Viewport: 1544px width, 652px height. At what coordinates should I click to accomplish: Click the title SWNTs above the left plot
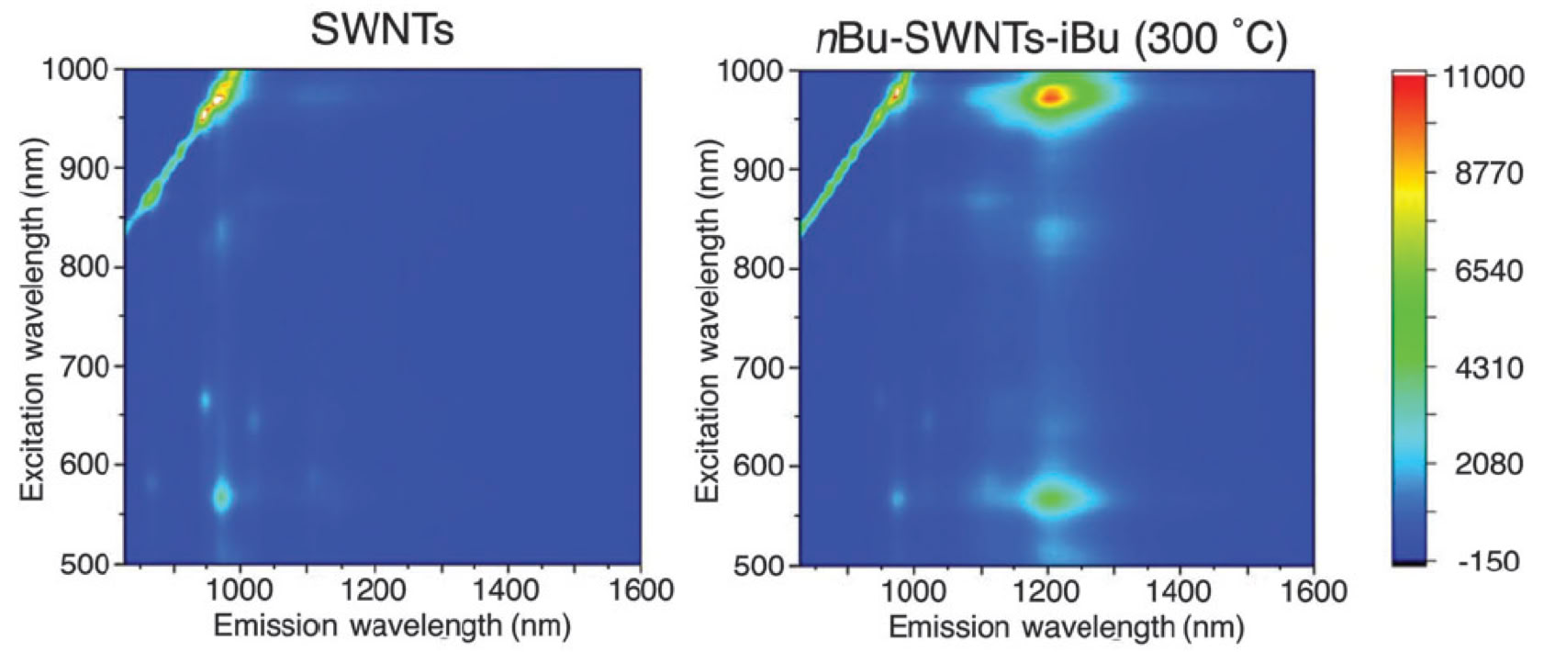(382, 31)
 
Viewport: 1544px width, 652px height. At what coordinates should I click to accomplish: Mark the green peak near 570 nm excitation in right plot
(1052, 499)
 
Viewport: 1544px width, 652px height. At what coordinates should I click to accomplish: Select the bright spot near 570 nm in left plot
(221, 497)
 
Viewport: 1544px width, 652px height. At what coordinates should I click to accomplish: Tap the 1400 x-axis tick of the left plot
(508, 589)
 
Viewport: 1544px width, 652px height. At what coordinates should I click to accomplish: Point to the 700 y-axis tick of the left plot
(84, 365)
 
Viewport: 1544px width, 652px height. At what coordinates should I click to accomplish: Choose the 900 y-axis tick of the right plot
(761, 169)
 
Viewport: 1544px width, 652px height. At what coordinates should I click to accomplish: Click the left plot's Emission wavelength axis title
(392, 626)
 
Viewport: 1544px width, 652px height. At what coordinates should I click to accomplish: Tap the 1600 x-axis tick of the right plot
(1314, 590)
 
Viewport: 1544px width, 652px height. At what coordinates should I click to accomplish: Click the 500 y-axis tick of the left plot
(84, 563)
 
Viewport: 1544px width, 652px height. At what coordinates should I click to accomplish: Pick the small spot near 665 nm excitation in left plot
(205, 400)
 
